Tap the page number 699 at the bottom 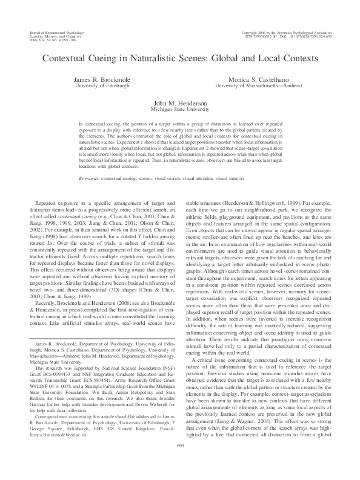tap(180, 462)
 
